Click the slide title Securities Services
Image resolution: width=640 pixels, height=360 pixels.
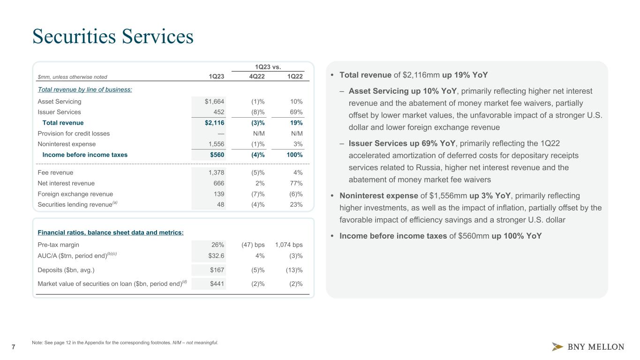click(113, 37)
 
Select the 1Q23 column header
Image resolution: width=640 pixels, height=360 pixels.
click(216, 77)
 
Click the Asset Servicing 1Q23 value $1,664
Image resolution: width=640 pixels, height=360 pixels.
click(214, 101)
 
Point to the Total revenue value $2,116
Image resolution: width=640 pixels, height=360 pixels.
click(214, 123)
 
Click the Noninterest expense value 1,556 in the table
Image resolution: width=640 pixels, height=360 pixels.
click(215, 144)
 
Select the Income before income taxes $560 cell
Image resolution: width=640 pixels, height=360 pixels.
click(216, 155)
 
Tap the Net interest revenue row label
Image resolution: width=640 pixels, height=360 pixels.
click(66, 183)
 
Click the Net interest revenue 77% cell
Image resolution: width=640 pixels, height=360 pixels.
click(296, 183)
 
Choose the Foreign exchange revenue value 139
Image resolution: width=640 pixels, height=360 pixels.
click(218, 194)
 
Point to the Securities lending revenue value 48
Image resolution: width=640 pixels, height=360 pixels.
click(220, 204)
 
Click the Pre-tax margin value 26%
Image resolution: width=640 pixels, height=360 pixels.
click(218, 245)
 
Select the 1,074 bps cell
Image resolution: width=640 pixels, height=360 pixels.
click(288, 245)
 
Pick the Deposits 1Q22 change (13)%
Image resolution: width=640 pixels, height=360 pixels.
click(294, 270)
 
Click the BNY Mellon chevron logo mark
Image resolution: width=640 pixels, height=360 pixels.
click(557, 347)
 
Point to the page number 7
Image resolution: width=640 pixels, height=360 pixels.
click(13, 347)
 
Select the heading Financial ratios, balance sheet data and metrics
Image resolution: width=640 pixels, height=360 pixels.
click(111, 232)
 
